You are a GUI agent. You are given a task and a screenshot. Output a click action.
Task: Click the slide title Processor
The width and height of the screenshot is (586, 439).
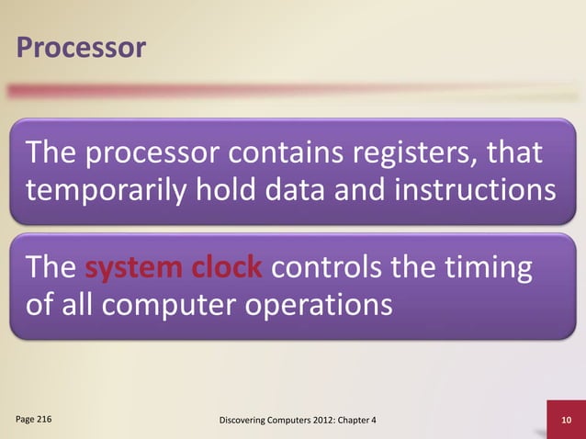(79, 48)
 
